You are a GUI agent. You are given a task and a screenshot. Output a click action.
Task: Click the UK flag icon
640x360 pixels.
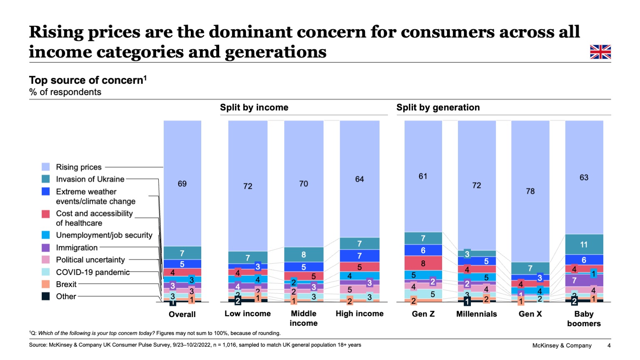pyautogui.click(x=600, y=52)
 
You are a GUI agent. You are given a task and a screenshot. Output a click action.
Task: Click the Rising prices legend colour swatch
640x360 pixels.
pyautogui.click(x=46, y=167)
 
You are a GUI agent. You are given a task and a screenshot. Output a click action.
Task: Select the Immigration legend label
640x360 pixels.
pyautogui.click(x=77, y=247)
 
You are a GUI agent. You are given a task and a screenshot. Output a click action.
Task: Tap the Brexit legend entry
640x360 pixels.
pyautogui.click(x=66, y=284)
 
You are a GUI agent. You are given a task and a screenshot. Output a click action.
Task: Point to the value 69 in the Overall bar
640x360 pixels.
pyautogui.click(x=182, y=184)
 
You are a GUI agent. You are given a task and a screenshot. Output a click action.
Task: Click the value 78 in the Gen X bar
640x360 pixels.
pyautogui.click(x=530, y=191)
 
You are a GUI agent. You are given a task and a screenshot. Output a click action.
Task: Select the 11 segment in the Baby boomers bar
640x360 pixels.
pyautogui.click(x=584, y=245)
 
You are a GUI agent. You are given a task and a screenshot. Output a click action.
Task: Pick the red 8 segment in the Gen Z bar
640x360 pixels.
pyautogui.click(x=423, y=263)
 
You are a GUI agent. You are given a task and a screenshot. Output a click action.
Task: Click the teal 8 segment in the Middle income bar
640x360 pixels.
pyautogui.click(x=303, y=255)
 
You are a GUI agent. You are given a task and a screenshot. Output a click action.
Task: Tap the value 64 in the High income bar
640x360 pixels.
pyautogui.click(x=359, y=179)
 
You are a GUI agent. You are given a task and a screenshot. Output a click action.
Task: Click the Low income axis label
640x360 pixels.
pyautogui.click(x=247, y=314)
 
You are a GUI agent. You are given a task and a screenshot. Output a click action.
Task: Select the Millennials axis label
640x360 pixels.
pyautogui.click(x=476, y=314)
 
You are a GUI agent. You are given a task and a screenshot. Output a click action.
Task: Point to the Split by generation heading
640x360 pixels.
pyautogui.click(x=438, y=107)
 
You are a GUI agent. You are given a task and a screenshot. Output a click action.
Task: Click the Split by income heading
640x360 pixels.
pyautogui.click(x=254, y=107)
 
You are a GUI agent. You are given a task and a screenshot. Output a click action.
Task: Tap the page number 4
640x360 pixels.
pyautogui.click(x=609, y=345)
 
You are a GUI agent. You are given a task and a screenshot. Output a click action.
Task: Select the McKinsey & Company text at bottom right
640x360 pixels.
pyautogui.click(x=562, y=345)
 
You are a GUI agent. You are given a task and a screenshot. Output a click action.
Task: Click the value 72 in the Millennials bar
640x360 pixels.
pyautogui.click(x=476, y=185)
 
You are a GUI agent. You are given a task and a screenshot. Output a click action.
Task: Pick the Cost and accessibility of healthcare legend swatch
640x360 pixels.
pyautogui.click(x=46, y=214)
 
